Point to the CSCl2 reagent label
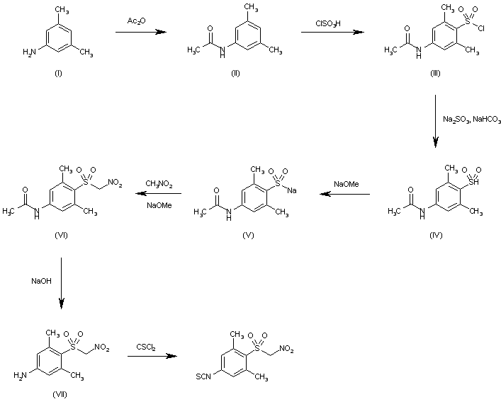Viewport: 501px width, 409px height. [x=147, y=345]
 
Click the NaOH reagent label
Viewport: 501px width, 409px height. [x=40, y=281]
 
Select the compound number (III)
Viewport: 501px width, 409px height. [x=435, y=74]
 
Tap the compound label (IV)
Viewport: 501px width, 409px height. [x=434, y=235]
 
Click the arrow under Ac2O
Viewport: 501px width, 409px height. [x=142, y=32]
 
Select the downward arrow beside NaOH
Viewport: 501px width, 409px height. [x=62, y=283]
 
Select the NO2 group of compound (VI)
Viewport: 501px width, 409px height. [x=115, y=183]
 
